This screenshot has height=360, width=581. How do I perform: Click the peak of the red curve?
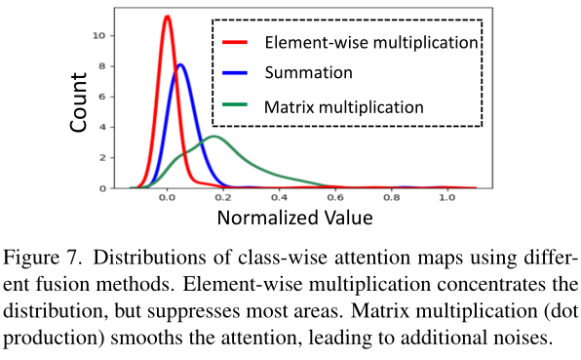(x=168, y=17)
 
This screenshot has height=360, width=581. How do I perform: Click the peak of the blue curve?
(x=180, y=65)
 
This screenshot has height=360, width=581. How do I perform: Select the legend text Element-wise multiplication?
(x=371, y=43)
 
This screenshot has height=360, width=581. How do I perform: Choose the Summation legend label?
(x=308, y=72)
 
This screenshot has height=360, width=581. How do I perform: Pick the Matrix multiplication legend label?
(x=344, y=104)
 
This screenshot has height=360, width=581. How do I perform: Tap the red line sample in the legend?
(x=237, y=43)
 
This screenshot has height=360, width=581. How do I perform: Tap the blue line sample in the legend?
(x=237, y=73)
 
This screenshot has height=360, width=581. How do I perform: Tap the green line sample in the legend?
(x=237, y=104)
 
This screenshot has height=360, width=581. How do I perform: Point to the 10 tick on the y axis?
(x=112, y=35)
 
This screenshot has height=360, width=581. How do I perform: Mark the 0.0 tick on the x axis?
(x=167, y=197)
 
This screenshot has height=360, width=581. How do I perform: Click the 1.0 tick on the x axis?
(x=446, y=197)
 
